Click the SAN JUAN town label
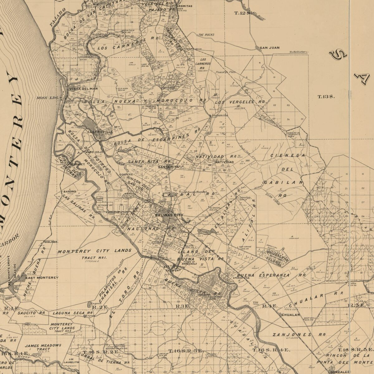[270, 48]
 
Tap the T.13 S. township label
[326, 97]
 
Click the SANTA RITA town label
[169, 167]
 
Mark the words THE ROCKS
[206, 35]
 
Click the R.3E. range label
[183, 306]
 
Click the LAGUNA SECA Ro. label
[73, 313]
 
